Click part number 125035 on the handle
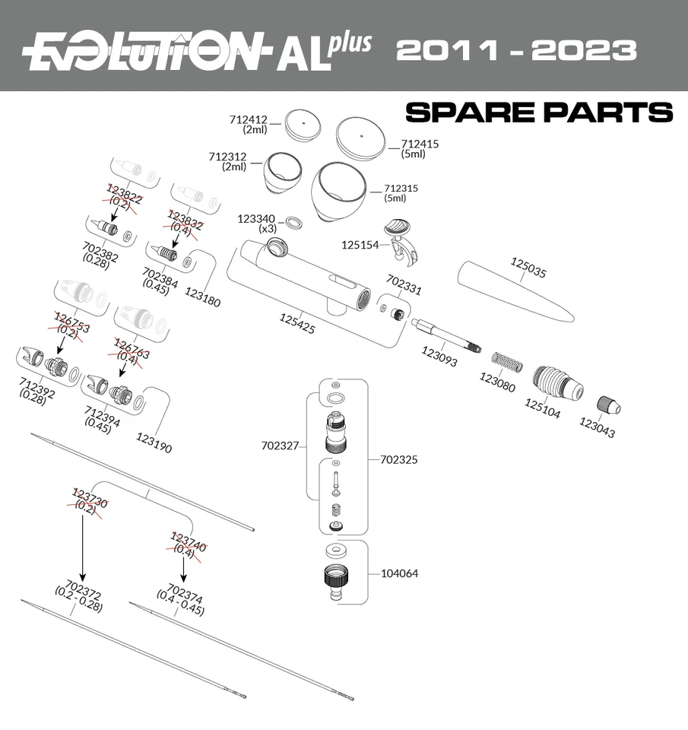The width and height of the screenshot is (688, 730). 528,267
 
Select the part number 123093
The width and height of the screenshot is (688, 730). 439,357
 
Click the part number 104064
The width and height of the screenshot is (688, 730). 399,573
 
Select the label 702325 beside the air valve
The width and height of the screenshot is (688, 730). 399,460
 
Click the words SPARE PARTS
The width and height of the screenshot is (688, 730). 538,113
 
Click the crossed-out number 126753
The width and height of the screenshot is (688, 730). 71,322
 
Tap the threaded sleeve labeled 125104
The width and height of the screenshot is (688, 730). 557,382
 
